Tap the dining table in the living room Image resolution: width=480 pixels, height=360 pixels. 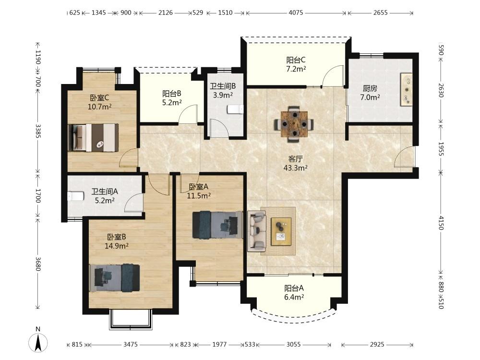point(294,124)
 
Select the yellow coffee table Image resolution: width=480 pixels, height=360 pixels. point(281,231)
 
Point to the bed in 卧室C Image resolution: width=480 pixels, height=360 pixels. point(93,137)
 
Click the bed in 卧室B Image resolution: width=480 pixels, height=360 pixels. point(115,278)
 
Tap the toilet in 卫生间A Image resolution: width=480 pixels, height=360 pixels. point(76,196)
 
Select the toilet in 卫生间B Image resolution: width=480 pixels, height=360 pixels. point(235,109)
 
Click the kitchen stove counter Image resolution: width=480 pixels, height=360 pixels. point(407,89)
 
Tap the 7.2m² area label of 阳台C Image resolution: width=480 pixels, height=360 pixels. point(296,69)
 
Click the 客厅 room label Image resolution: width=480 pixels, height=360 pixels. point(295,159)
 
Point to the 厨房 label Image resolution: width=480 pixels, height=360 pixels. point(370,88)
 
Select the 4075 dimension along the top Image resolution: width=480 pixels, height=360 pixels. point(296,12)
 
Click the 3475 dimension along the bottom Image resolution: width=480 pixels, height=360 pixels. point(131,344)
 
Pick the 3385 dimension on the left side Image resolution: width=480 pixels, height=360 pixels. point(37,131)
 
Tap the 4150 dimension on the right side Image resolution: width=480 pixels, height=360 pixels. point(441,223)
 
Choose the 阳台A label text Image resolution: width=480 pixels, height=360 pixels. point(294,288)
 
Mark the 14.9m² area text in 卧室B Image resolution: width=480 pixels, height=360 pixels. point(117,246)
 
